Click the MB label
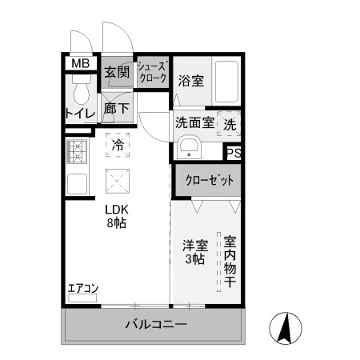coord(80,64)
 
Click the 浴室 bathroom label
coord(190,80)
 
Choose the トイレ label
coord(80,114)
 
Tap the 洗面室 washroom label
coord(194,124)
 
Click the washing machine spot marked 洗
coord(229,125)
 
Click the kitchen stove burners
coord(77,149)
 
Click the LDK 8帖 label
coord(117,216)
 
